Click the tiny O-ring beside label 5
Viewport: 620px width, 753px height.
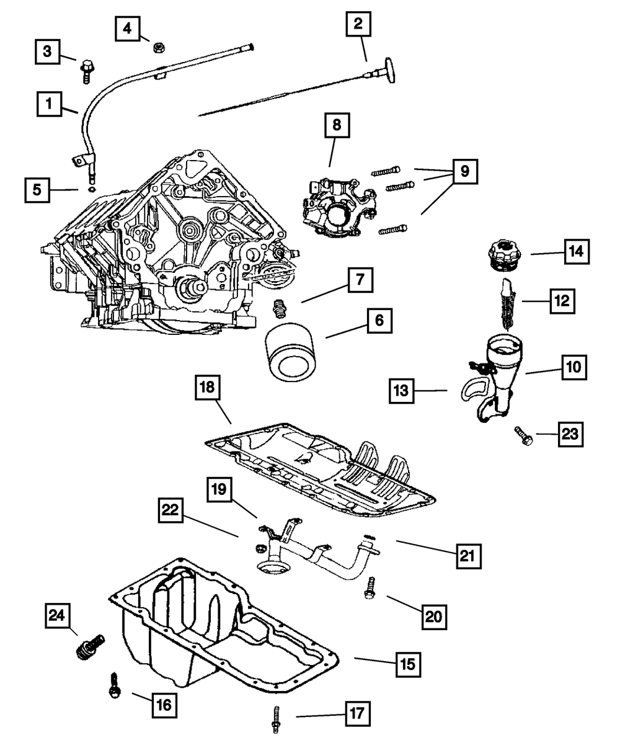click(x=92, y=189)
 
